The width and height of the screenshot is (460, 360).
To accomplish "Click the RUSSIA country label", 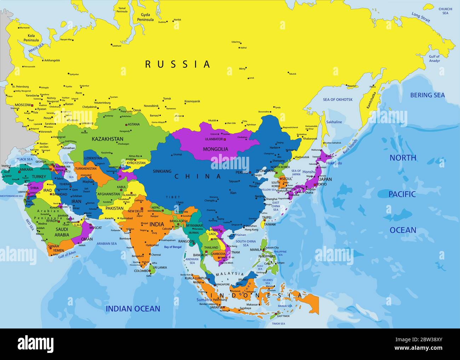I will pos(178,64).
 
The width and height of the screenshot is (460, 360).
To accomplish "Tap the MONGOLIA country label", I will pos(215,149).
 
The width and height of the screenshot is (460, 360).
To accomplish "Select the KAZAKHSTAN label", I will pos(108,139).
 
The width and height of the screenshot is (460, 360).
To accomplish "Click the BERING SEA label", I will pos(427,95).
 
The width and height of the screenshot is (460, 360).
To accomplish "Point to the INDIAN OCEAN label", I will pos(133,309).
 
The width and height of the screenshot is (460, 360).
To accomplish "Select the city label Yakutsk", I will pos(292,74).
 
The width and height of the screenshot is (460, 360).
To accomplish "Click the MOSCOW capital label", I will pos(23,105).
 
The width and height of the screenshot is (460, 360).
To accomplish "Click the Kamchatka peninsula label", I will pos(369,100).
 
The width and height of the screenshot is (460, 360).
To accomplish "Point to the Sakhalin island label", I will pos(334,122).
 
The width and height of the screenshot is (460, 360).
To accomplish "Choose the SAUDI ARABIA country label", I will pos(62,232).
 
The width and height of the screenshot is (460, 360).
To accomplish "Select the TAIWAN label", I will pos(270,224).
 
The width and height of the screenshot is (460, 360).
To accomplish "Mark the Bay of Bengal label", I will pos(173,247).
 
